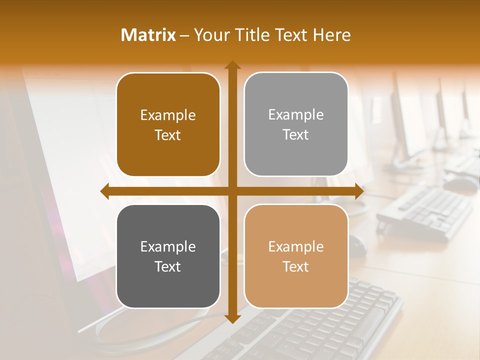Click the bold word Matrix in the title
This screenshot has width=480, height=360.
coord(148,35)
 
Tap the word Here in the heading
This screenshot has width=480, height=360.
coord(332,35)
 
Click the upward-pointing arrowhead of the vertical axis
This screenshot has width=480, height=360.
coord(232,65)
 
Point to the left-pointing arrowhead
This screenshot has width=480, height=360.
coord(105,191)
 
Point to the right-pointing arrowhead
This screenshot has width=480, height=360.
coord(359,191)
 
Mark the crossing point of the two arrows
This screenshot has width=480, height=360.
coord(232,191)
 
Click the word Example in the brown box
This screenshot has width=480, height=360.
coord(168,115)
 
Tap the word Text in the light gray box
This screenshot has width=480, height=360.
coord(296,135)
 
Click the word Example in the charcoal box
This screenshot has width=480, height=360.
coord(168,247)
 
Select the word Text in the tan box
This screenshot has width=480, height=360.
coord(296,266)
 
